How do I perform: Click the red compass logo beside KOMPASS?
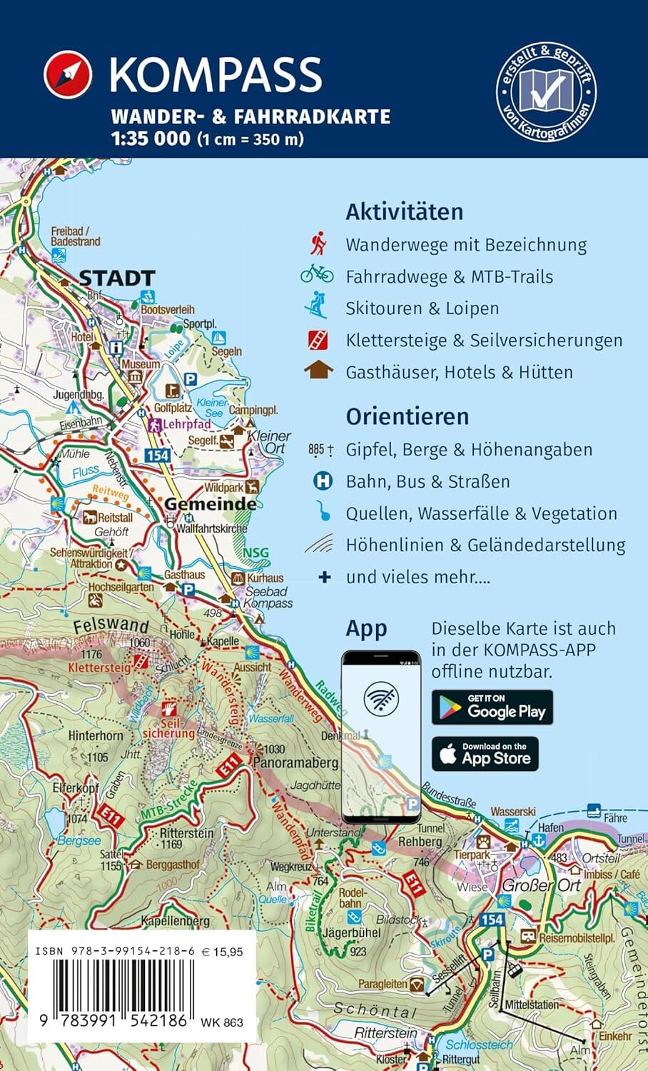point(68,74)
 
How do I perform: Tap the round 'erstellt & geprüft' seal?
point(546,91)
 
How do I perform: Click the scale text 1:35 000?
point(151,139)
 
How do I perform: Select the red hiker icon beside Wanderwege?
point(318,244)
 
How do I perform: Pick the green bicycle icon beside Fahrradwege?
point(317,274)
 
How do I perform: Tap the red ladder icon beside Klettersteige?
point(318,340)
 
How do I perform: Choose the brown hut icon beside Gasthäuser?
point(318,371)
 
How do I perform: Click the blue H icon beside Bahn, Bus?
point(323,481)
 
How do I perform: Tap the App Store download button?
point(485,754)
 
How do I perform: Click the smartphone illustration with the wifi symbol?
point(380,735)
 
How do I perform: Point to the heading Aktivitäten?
point(404,212)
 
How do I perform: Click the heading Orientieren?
point(407,417)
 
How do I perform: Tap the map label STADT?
point(117,278)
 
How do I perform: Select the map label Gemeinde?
point(211,503)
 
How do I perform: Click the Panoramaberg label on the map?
point(295,763)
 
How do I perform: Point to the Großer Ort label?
point(542,885)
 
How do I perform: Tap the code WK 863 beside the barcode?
point(222,1022)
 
